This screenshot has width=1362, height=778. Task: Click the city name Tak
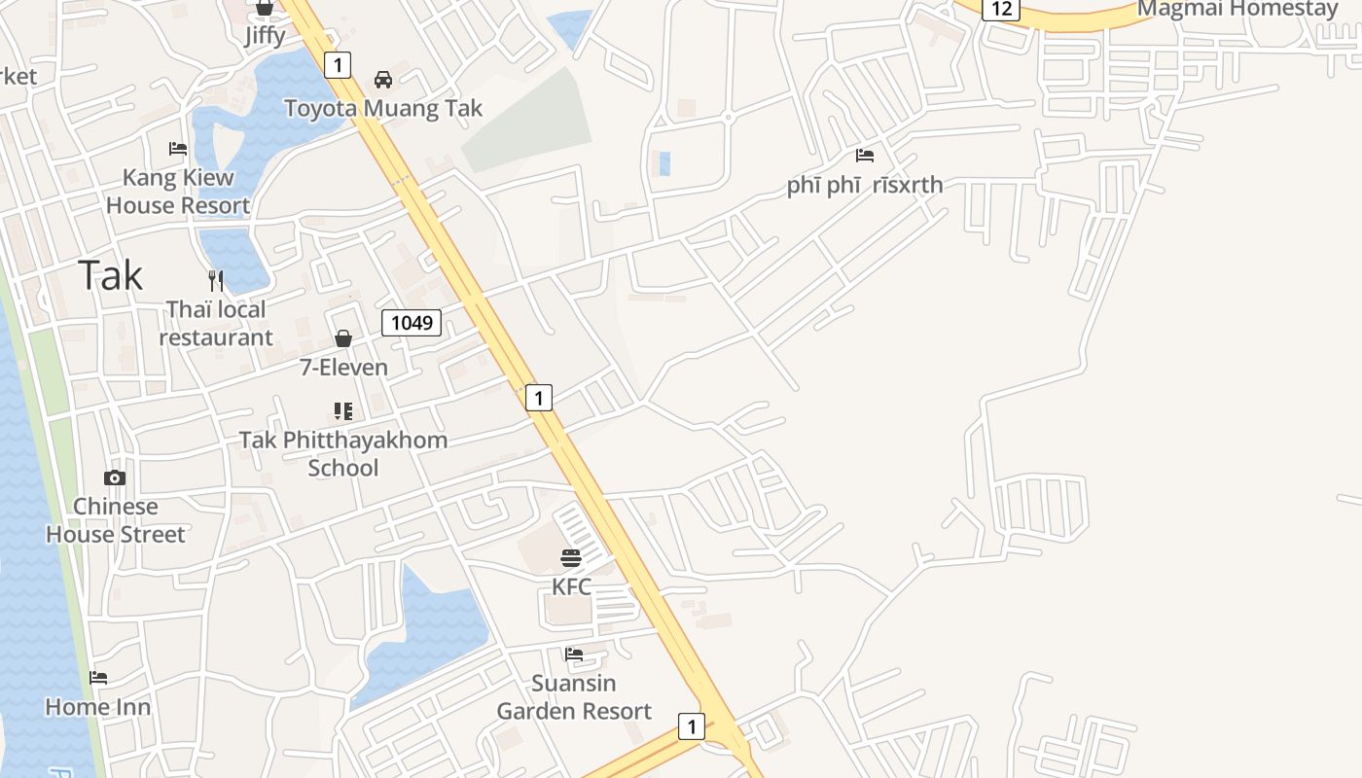point(111,275)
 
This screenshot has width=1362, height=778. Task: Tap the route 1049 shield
point(412,322)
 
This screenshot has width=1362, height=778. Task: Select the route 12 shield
point(1001,9)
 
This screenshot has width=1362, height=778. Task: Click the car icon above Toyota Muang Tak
point(383,80)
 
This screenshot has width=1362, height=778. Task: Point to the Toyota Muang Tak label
point(383,108)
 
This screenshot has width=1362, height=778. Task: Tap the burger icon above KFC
point(571,558)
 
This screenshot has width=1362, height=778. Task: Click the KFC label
point(571,586)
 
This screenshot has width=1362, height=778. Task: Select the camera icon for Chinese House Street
point(115,477)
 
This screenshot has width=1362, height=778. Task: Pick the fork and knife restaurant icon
point(216,281)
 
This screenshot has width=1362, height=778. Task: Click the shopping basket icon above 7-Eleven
point(343,338)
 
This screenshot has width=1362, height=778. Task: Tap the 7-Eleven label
point(343,367)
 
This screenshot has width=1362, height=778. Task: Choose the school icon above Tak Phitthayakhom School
point(343,411)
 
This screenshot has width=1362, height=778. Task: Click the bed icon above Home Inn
point(98,678)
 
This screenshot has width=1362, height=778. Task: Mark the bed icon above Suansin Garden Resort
point(574,654)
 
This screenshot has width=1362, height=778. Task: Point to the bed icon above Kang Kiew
point(178,149)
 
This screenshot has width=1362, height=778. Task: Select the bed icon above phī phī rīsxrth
point(865,156)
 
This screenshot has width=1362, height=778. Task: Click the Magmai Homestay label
point(1237,9)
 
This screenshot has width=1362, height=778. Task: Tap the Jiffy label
point(265,36)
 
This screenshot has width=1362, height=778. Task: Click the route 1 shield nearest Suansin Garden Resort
point(691,725)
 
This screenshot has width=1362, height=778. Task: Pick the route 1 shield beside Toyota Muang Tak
point(337,65)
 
